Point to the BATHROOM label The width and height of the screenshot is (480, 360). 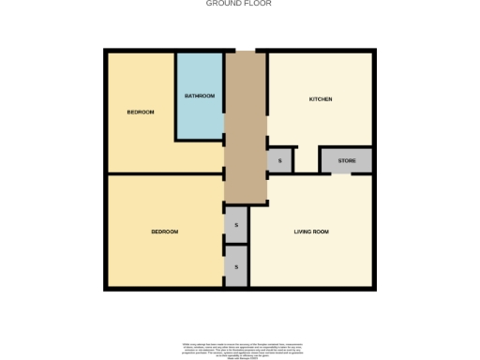coord(200,96)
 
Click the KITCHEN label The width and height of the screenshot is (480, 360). coord(322,99)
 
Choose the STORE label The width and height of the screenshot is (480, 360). coord(347,161)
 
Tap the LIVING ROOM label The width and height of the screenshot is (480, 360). coord(311,231)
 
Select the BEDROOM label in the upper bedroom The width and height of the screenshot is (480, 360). coord(141,112)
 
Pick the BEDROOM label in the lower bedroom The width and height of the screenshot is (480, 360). coord(165,231)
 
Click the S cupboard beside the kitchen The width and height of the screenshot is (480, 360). coord(278,161)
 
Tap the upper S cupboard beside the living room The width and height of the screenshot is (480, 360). coord(236,225)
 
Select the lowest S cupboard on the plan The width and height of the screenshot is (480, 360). coord(236,267)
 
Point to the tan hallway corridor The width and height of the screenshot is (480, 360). coord(246,131)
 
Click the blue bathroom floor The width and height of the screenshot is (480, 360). coord(200,117)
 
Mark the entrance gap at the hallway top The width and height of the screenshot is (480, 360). coord(246,50)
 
